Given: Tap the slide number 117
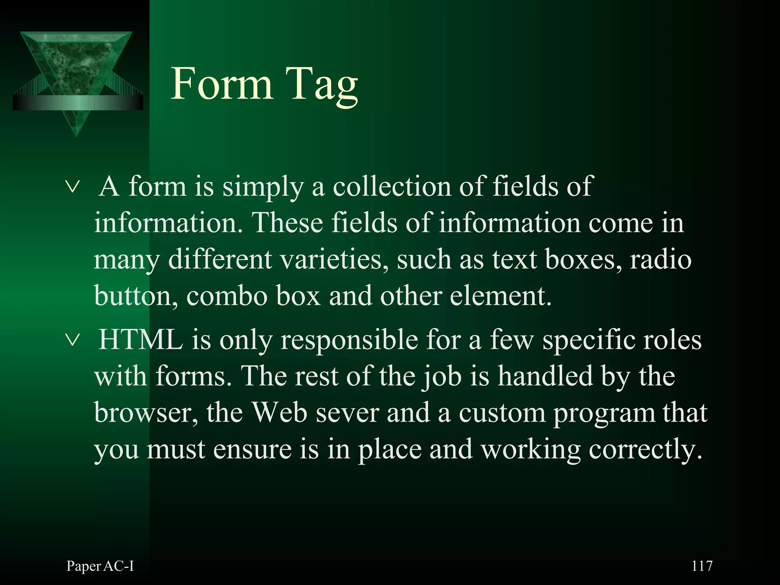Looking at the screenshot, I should tap(702, 566).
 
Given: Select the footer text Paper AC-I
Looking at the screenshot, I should tap(100, 566).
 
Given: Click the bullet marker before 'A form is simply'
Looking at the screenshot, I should tap(72, 187).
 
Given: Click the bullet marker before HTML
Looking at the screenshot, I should tap(72, 339).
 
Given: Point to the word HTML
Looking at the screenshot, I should tap(141, 339).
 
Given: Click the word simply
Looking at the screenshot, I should tap(263, 187).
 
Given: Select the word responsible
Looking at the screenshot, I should tap(349, 340).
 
